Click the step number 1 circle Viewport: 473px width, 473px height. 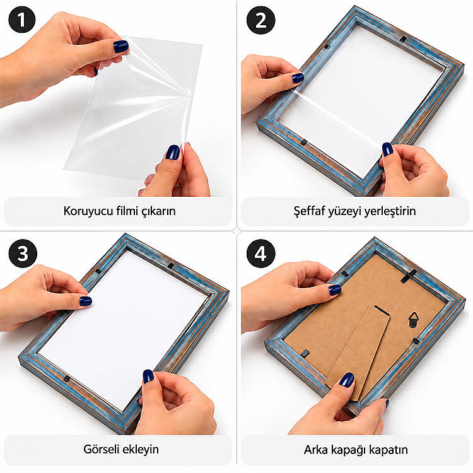[x=21, y=20]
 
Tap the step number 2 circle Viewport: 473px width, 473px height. [x=260, y=20]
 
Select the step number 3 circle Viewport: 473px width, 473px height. [x=23, y=254]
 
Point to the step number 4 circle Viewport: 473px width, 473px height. [x=260, y=254]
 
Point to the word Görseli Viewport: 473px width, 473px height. [x=102, y=449]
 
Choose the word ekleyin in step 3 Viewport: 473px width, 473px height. [x=141, y=450]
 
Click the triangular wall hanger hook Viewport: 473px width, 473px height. [x=414, y=320]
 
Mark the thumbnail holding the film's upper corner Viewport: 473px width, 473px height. [x=120, y=47]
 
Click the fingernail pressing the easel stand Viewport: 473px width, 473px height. [x=347, y=380]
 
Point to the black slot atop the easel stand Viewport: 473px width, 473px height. [x=382, y=311]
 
